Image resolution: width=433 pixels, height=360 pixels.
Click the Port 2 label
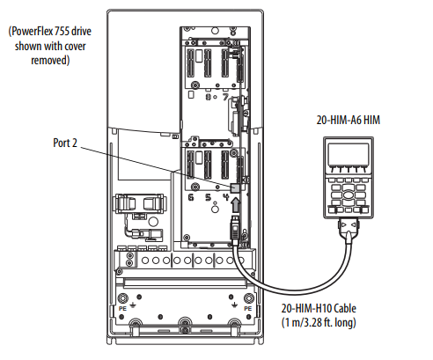point(65,143)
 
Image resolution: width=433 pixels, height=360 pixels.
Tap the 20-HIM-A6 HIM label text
point(348,120)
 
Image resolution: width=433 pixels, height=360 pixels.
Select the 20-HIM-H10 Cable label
point(319,308)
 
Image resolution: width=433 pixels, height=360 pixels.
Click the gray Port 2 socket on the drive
point(235,187)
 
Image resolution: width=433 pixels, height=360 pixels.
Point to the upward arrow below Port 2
point(236,204)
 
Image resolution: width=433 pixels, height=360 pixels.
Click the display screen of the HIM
point(349,155)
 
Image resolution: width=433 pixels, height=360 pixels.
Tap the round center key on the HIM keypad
point(349,195)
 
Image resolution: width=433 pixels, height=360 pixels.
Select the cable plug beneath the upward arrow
point(235,230)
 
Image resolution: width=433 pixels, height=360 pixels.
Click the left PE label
point(122,309)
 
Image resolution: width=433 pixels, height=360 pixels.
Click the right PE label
point(248,309)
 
